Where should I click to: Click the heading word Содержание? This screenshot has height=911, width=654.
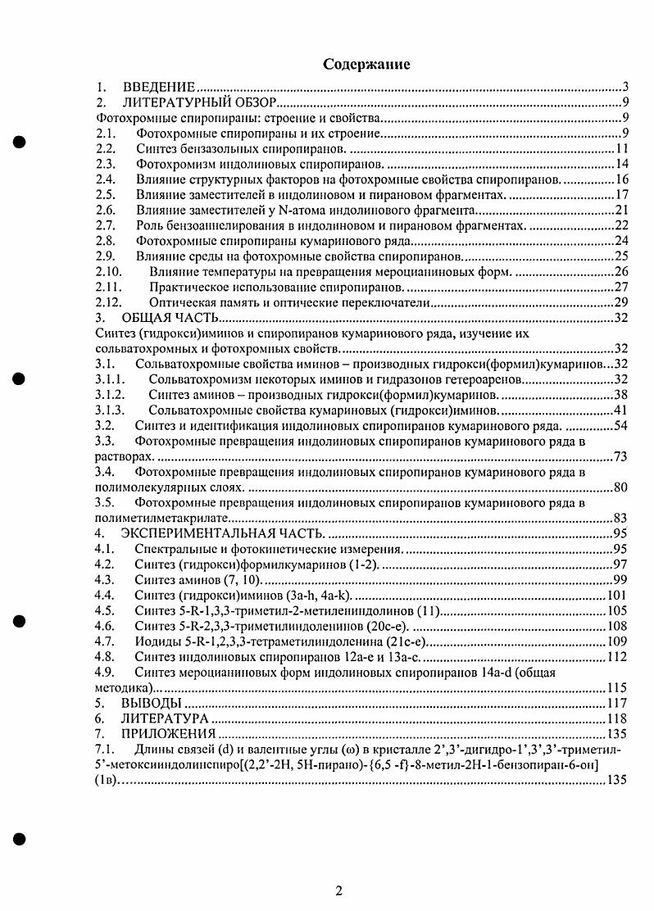coord(366,63)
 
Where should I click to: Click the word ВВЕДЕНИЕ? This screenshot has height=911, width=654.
coord(158,87)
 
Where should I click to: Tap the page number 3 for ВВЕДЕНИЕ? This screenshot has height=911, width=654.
coord(624,87)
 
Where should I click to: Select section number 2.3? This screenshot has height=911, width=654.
coord(105,165)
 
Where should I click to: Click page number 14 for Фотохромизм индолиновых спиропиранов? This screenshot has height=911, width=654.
coord(620,165)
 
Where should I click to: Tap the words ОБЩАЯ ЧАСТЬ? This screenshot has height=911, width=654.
coord(170,318)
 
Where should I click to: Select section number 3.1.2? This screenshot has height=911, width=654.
coord(110,394)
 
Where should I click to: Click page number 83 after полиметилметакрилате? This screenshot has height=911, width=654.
coord(620,518)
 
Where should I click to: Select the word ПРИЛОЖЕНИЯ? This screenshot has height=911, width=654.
coord(168,733)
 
